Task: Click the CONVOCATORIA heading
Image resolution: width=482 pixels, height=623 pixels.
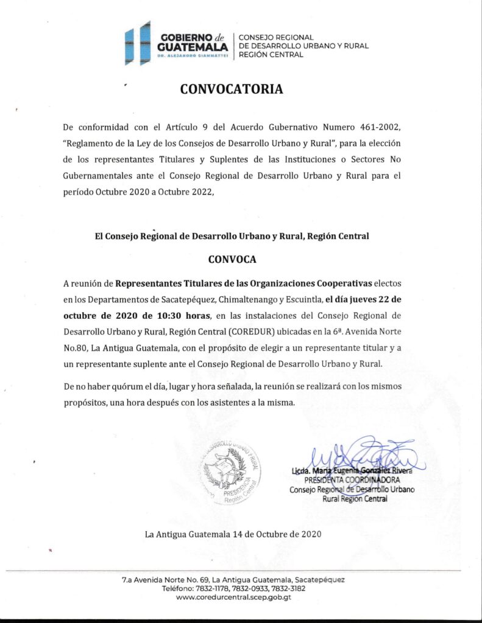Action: [232, 89]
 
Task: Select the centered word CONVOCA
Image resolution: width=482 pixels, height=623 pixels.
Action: [232, 259]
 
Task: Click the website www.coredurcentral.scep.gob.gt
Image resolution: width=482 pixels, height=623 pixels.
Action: [233, 597]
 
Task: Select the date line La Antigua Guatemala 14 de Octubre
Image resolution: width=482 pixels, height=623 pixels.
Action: [233, 534]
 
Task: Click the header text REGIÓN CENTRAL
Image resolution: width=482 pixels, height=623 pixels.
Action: [271, 55]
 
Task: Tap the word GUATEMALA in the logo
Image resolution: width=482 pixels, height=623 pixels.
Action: [192, 47]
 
